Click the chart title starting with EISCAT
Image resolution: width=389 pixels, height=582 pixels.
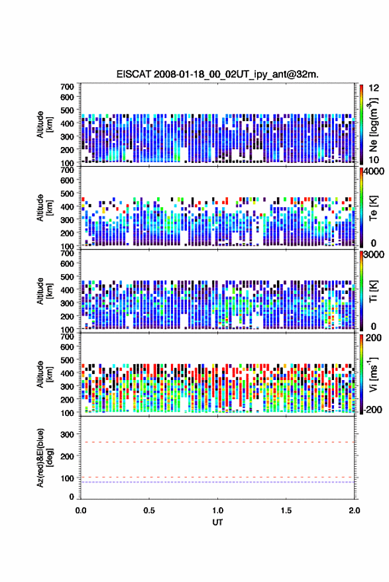tap(217, 74)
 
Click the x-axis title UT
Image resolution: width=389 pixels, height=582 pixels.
tap(217, 522)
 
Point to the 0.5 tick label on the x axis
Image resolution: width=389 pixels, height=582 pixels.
tap(149, 510)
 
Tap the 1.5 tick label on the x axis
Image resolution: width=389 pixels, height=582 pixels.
tap(286, 510)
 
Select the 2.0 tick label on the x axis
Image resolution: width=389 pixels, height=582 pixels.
tap(355, 510)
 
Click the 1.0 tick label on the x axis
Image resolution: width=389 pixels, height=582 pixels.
tap(218, 510)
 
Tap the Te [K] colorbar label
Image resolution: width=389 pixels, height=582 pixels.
tap(373, 208)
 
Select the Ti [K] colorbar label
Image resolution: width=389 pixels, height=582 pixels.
tap(373, 291)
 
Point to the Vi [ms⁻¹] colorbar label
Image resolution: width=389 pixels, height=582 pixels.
tap(373, 374)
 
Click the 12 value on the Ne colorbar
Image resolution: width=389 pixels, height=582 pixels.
tap(374, 88)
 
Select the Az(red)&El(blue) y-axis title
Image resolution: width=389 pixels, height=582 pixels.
tap(44, 458)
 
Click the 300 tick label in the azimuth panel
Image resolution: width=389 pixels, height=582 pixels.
tap(67, 434)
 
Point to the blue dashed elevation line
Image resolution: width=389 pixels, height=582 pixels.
tap(217, 482)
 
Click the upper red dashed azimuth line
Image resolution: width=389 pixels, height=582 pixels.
tap(217, 442)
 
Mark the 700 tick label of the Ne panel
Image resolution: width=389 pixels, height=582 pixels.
tap(67, 87)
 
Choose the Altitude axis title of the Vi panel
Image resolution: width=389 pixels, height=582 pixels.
tap(44, 374)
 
